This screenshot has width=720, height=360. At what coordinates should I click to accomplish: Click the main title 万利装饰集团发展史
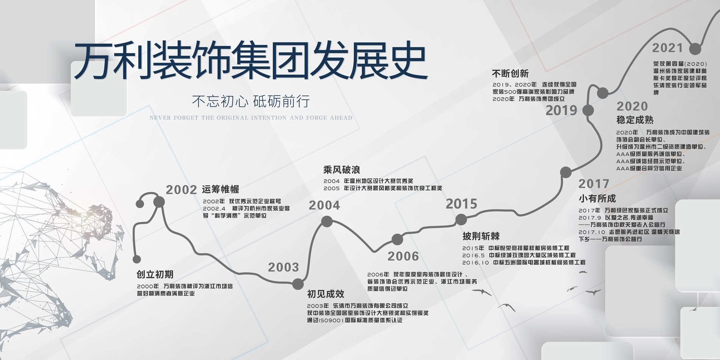click(x=250, y=61)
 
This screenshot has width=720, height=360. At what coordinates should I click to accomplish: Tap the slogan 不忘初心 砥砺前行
click(x=251, y=101)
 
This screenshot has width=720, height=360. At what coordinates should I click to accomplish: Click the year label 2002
click(x=182, y=189)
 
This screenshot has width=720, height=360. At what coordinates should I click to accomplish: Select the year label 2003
click(x=284, y=267)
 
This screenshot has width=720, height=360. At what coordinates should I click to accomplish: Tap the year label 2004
click(x=324, y=205)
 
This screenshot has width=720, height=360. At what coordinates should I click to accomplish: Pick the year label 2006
click(x=403, y=256)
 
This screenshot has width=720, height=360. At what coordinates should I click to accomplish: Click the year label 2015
click(x=461, y=204)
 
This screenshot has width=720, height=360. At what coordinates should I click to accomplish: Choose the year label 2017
click(x=594, y=184)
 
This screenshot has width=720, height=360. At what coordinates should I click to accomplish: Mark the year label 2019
click(x=561, y=110)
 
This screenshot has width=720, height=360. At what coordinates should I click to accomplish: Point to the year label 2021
click(x=667, y=48)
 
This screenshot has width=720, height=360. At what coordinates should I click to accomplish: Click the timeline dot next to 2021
click(x=695, y=49)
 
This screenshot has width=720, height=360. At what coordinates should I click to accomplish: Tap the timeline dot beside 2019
click(x=588, y=110)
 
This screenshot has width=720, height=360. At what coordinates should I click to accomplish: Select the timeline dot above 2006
click(x=397, y=239)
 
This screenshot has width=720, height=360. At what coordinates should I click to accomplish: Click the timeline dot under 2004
click(x=327, y=221)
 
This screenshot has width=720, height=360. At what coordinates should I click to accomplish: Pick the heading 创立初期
click(x=155, y=275)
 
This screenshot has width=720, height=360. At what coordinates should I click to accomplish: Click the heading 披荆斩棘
click(x=481, y=236)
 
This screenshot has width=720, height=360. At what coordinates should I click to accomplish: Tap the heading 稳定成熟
click(x=635, y=120)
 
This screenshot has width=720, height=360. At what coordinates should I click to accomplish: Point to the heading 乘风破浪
click(x=341, y=170)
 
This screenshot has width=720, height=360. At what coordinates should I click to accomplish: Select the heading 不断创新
click(x=510, y=73)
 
